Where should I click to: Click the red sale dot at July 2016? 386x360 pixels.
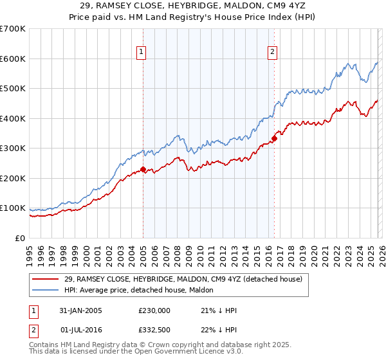click(x=274, y=138)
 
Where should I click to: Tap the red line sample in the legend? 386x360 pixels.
click(x=46, y=279)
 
